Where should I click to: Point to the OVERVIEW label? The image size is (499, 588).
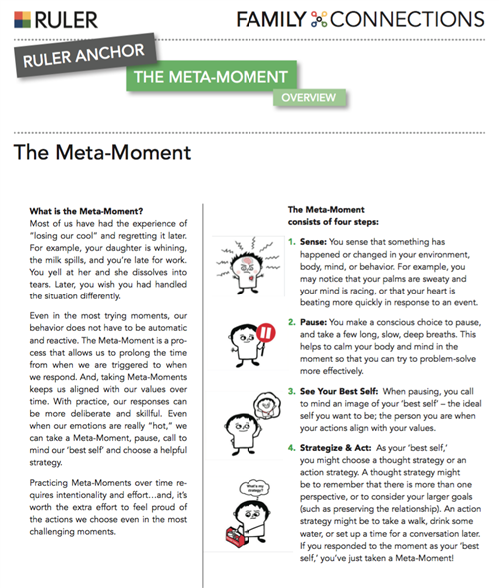[306, 98]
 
